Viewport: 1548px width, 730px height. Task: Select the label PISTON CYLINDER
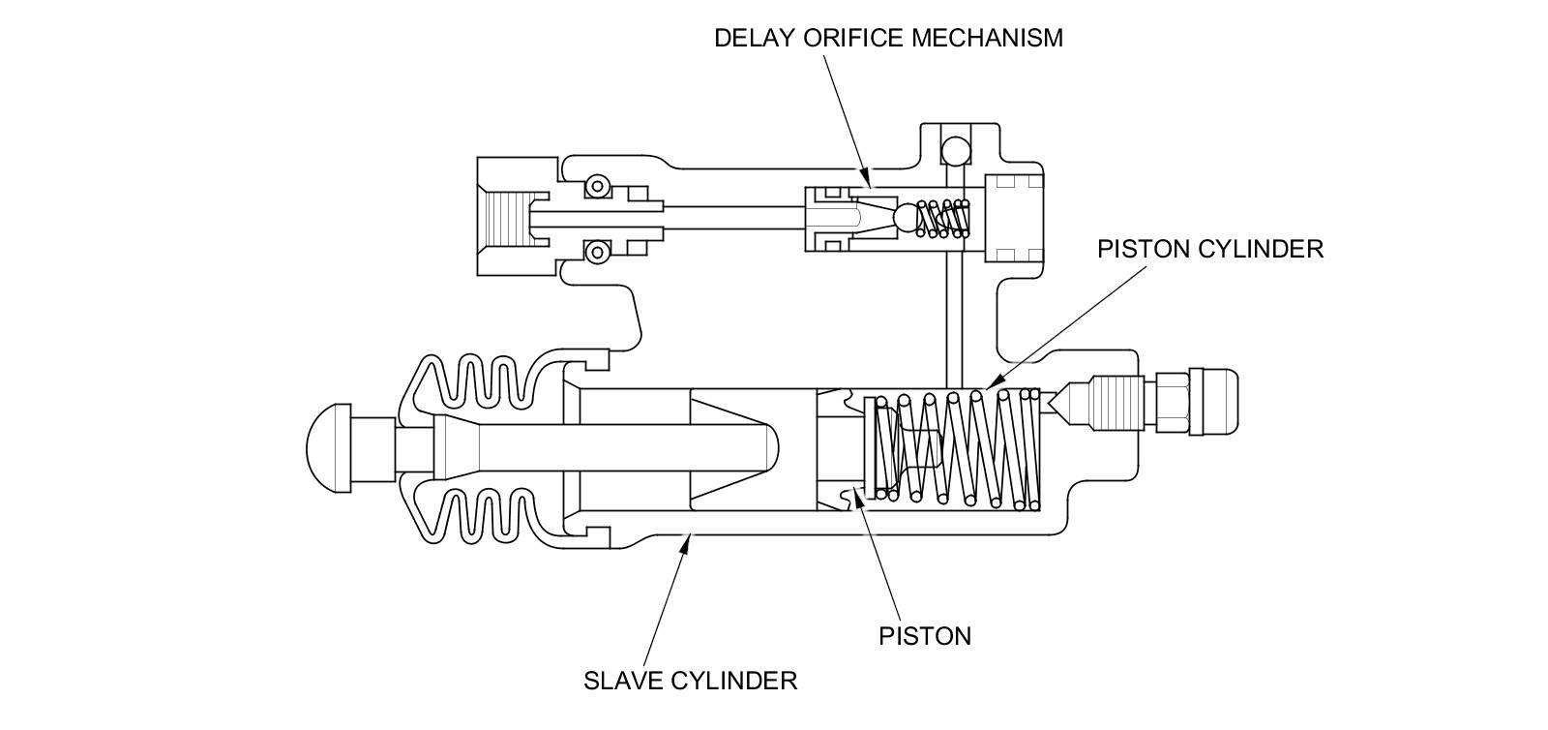(x=1209, y=249)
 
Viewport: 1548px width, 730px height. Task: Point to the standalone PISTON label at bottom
(x=924, y=636)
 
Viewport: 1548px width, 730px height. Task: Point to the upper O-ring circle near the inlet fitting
(x=598, y=185)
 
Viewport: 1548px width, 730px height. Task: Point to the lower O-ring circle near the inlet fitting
(x=598, y=254)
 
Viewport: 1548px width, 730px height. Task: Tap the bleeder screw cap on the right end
(x=1213, y=400)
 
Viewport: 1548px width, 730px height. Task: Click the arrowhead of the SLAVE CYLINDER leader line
(x=686, y=544)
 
